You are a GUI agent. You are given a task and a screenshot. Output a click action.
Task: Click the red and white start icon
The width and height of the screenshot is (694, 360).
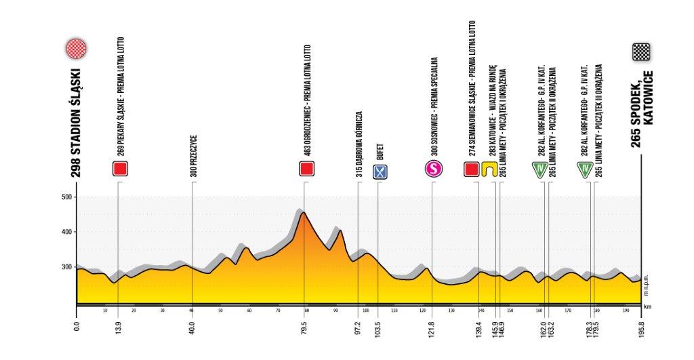76,49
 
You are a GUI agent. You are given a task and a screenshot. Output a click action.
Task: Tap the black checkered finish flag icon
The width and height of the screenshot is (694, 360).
640,52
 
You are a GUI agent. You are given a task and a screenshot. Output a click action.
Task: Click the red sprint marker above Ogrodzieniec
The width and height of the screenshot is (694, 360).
308,169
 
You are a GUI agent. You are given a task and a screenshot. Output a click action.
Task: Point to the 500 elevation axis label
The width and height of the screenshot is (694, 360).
66,197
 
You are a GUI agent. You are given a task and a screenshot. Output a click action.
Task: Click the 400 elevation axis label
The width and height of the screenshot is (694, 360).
66,232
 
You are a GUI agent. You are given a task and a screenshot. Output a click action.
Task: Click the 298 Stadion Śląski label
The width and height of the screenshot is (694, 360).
76,122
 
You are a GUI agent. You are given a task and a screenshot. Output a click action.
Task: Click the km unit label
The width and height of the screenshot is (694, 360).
647,306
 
